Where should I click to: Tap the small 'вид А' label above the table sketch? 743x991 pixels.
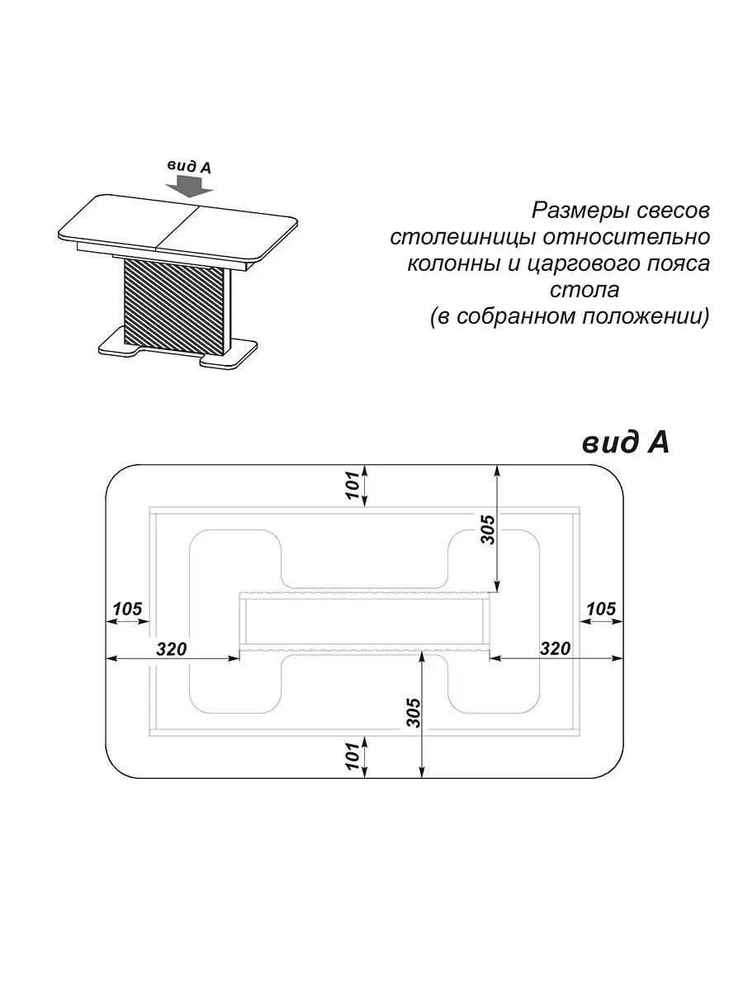pos(189,166)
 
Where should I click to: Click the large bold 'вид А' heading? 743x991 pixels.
pos(626,443)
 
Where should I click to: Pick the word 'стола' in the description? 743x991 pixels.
pos(584,290)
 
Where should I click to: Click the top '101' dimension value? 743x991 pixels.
pos(353,485)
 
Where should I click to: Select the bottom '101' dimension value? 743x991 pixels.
pos(353,756)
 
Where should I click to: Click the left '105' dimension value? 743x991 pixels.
pos(128,609)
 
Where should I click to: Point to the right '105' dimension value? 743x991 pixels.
pos(601,609)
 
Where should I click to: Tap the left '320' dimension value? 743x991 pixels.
pos(172,649)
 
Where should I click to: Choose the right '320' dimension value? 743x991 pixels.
pos(556,648)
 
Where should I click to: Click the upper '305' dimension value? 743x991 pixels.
pos(487,529)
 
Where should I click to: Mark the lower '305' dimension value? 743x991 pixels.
pos(414,713)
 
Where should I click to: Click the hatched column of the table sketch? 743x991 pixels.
pos(173,307)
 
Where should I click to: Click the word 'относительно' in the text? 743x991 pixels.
pos(627,236)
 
